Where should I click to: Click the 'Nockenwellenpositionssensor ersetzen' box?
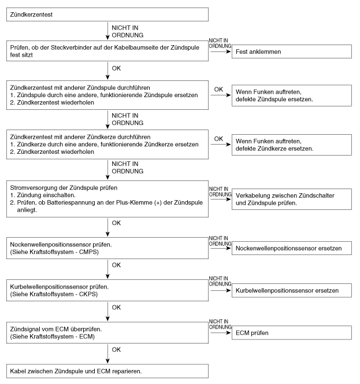292,248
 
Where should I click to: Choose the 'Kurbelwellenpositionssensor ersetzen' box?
292,289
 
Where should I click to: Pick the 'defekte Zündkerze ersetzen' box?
292,145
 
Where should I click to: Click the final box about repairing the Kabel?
107,370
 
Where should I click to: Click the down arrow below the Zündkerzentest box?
107,30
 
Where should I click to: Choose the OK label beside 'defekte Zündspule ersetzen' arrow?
218,89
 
